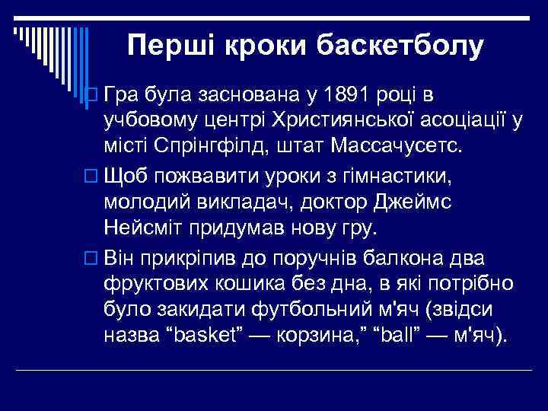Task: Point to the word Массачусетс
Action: point(417,145)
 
